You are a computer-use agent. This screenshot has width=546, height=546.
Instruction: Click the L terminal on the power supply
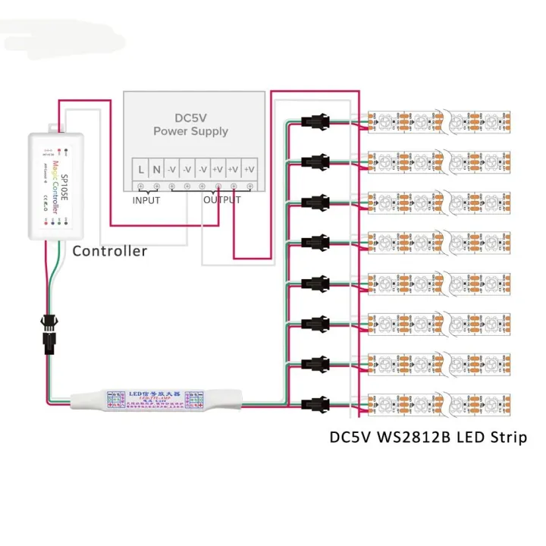coord(141,168)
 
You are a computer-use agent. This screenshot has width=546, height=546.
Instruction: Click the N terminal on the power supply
coord(157,168)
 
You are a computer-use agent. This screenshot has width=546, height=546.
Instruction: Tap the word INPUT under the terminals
coord(146,200)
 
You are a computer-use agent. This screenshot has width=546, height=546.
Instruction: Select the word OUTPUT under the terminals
coord(221,200)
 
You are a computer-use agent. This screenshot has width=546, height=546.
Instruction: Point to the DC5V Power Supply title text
coord(191,124)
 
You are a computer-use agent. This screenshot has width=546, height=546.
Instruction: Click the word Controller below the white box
coord(109,251)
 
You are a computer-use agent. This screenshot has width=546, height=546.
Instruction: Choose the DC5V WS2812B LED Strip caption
coord(428,438)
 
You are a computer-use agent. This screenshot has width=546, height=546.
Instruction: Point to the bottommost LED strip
coord(440,403)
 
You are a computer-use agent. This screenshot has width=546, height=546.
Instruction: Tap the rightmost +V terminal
coord(249,168)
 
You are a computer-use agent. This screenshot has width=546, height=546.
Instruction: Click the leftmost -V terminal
coord(172,168)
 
